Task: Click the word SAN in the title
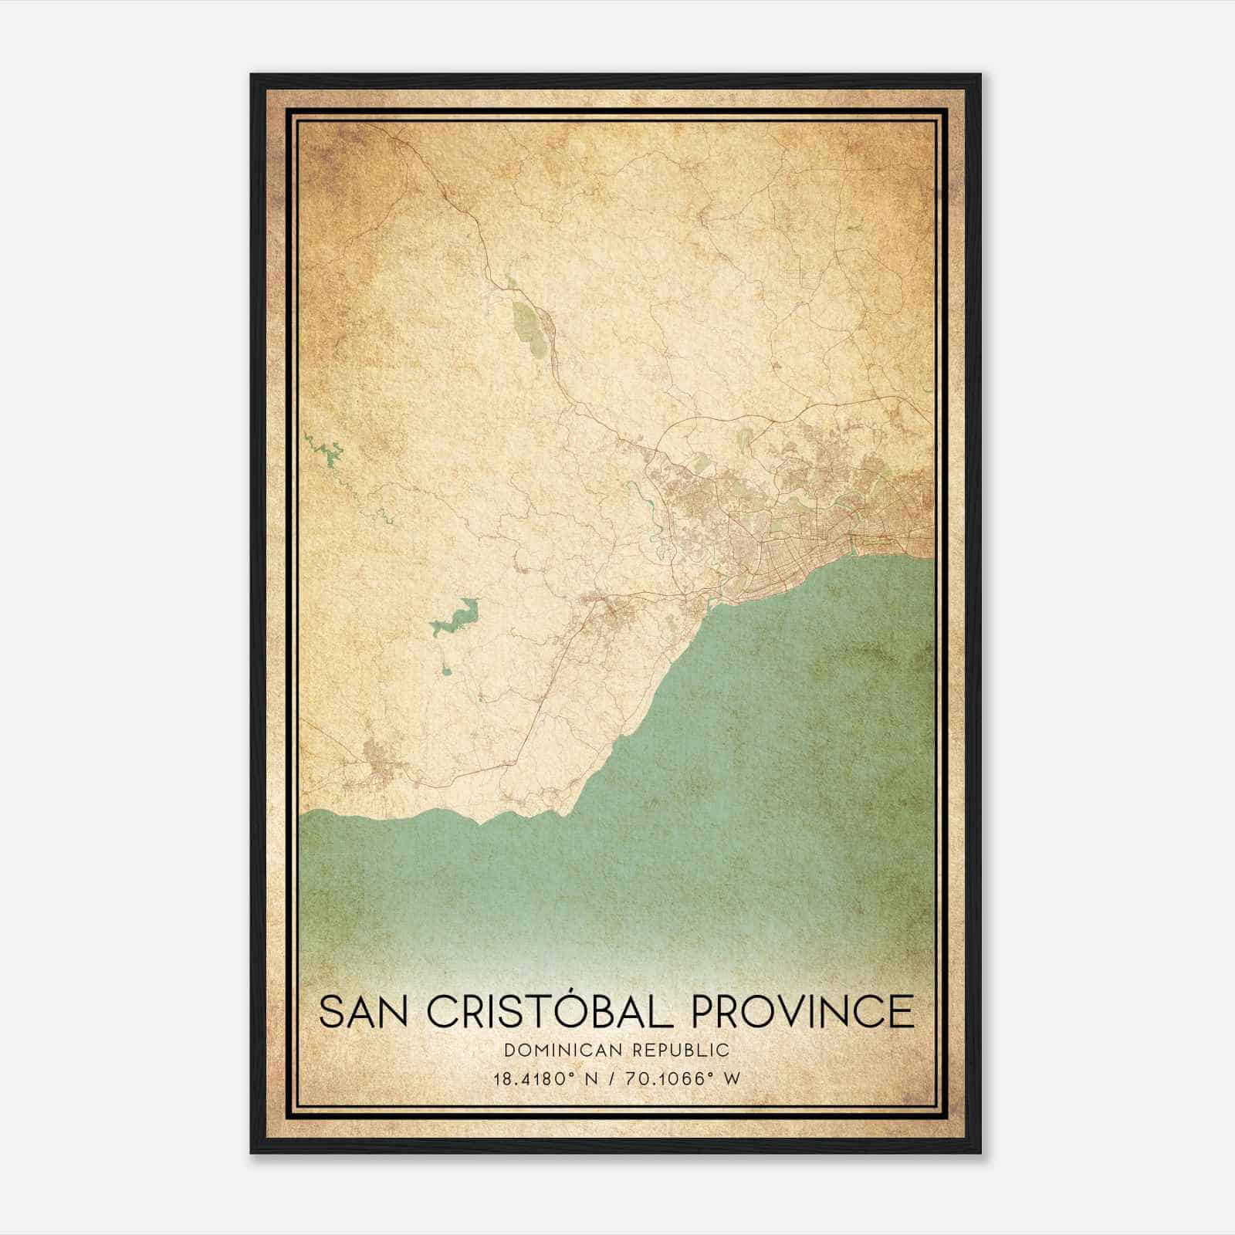[x=365, y=1011]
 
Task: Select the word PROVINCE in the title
[x=802, y=1011]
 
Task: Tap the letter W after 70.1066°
[x=733, y=1078]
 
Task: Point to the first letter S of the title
[x=331, y=1011]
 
